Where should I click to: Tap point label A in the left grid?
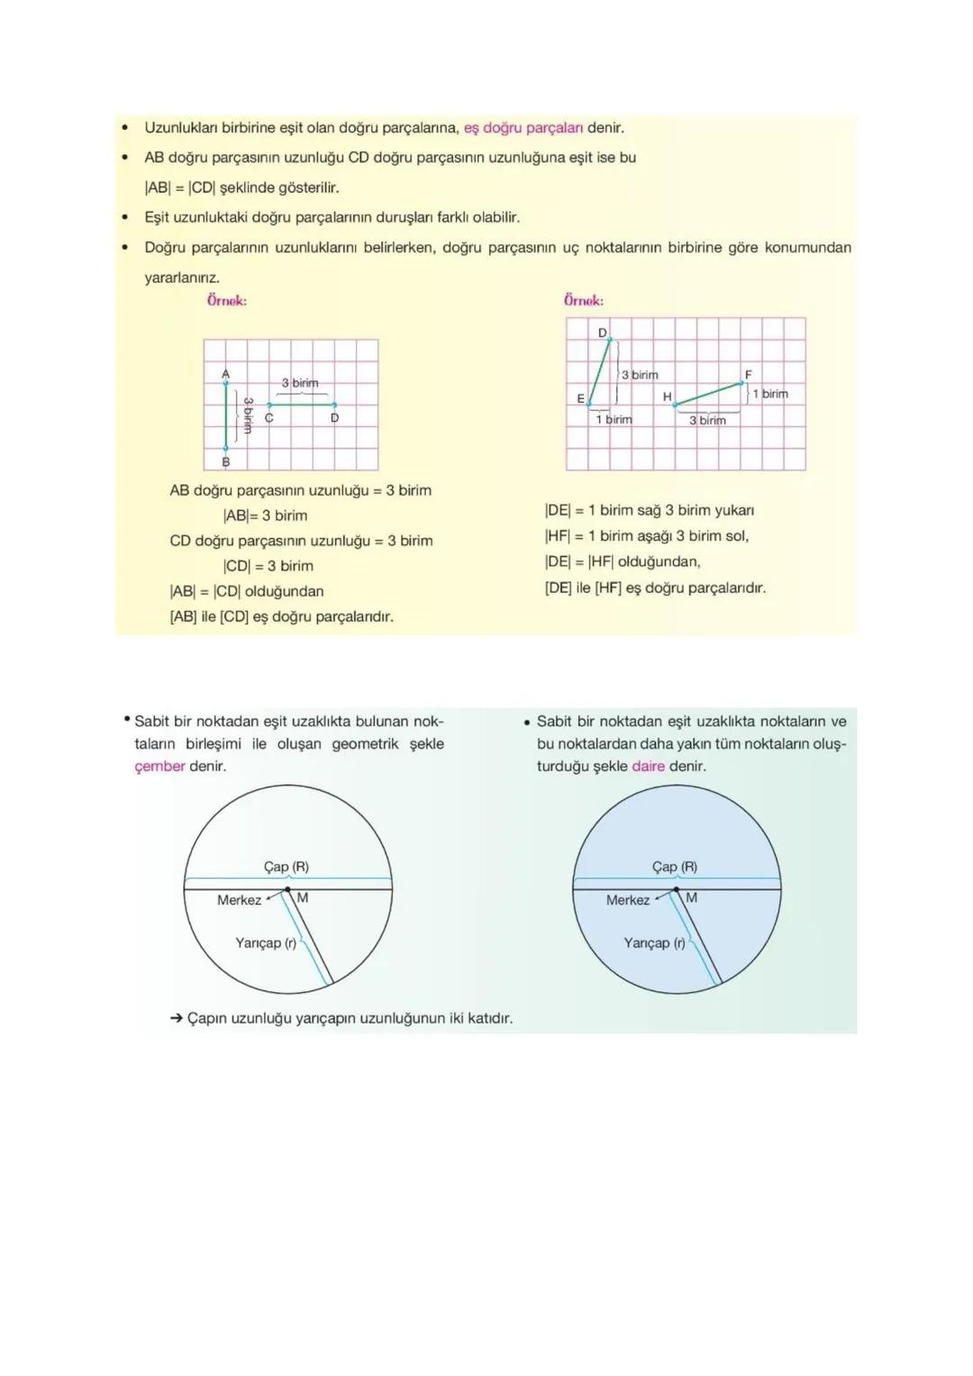tap(225, 373)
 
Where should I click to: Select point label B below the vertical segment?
tap(225, 461)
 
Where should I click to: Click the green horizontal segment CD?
tap(302, 405)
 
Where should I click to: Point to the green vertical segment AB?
tap(226, 415)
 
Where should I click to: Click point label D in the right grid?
tap(602, 333)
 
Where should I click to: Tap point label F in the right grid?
tap(748, 374)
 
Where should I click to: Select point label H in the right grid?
tap(667, 396)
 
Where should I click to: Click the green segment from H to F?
tap(710, 394)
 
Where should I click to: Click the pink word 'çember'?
tap(159, 766)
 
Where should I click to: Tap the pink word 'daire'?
tap(648, 766)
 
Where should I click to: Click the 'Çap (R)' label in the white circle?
tap(286, 866)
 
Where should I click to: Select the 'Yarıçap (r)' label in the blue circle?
tap(654, 943)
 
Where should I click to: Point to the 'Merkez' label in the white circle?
tap(239, 899)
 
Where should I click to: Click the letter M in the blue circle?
tap(691, 898)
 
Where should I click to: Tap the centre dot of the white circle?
tap(287, 889)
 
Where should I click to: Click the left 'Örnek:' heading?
tap(226, 301)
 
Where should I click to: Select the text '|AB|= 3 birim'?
tap(265, 515)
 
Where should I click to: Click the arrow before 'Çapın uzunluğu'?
tap(177, 1018)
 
